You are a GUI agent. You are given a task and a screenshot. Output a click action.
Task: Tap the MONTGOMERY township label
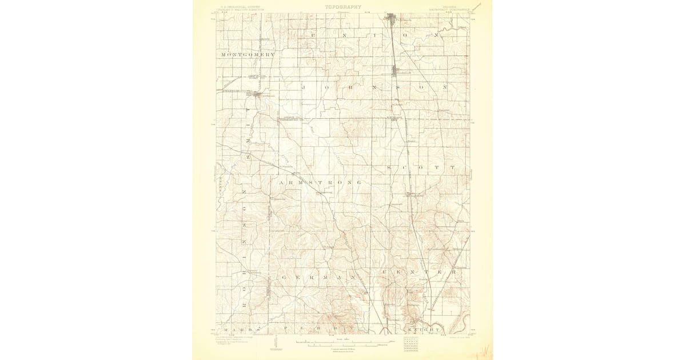(x=248, y=54)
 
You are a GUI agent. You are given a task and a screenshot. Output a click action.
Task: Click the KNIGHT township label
(x=423, y=330)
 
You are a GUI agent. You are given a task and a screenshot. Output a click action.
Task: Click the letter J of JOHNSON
(x=305, y=87)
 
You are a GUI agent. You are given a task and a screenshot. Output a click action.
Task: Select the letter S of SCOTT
(x=389, y=168)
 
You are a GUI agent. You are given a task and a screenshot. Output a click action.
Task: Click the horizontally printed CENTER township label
(x=420, y=272)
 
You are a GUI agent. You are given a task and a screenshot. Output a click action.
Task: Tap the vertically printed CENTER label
(x=220, y=186)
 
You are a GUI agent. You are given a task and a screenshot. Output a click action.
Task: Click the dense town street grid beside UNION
(x=393, y=18)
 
